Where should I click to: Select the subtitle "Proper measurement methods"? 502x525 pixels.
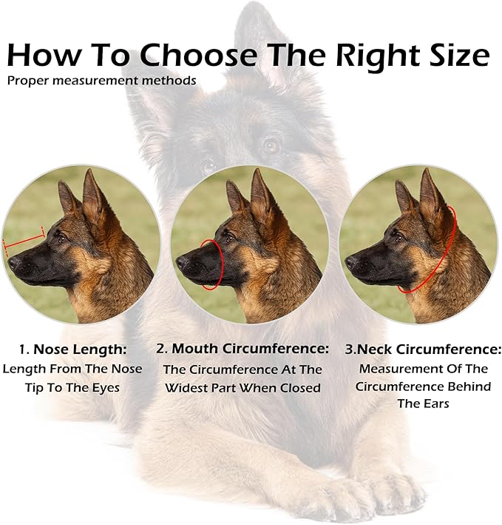point(102,80)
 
